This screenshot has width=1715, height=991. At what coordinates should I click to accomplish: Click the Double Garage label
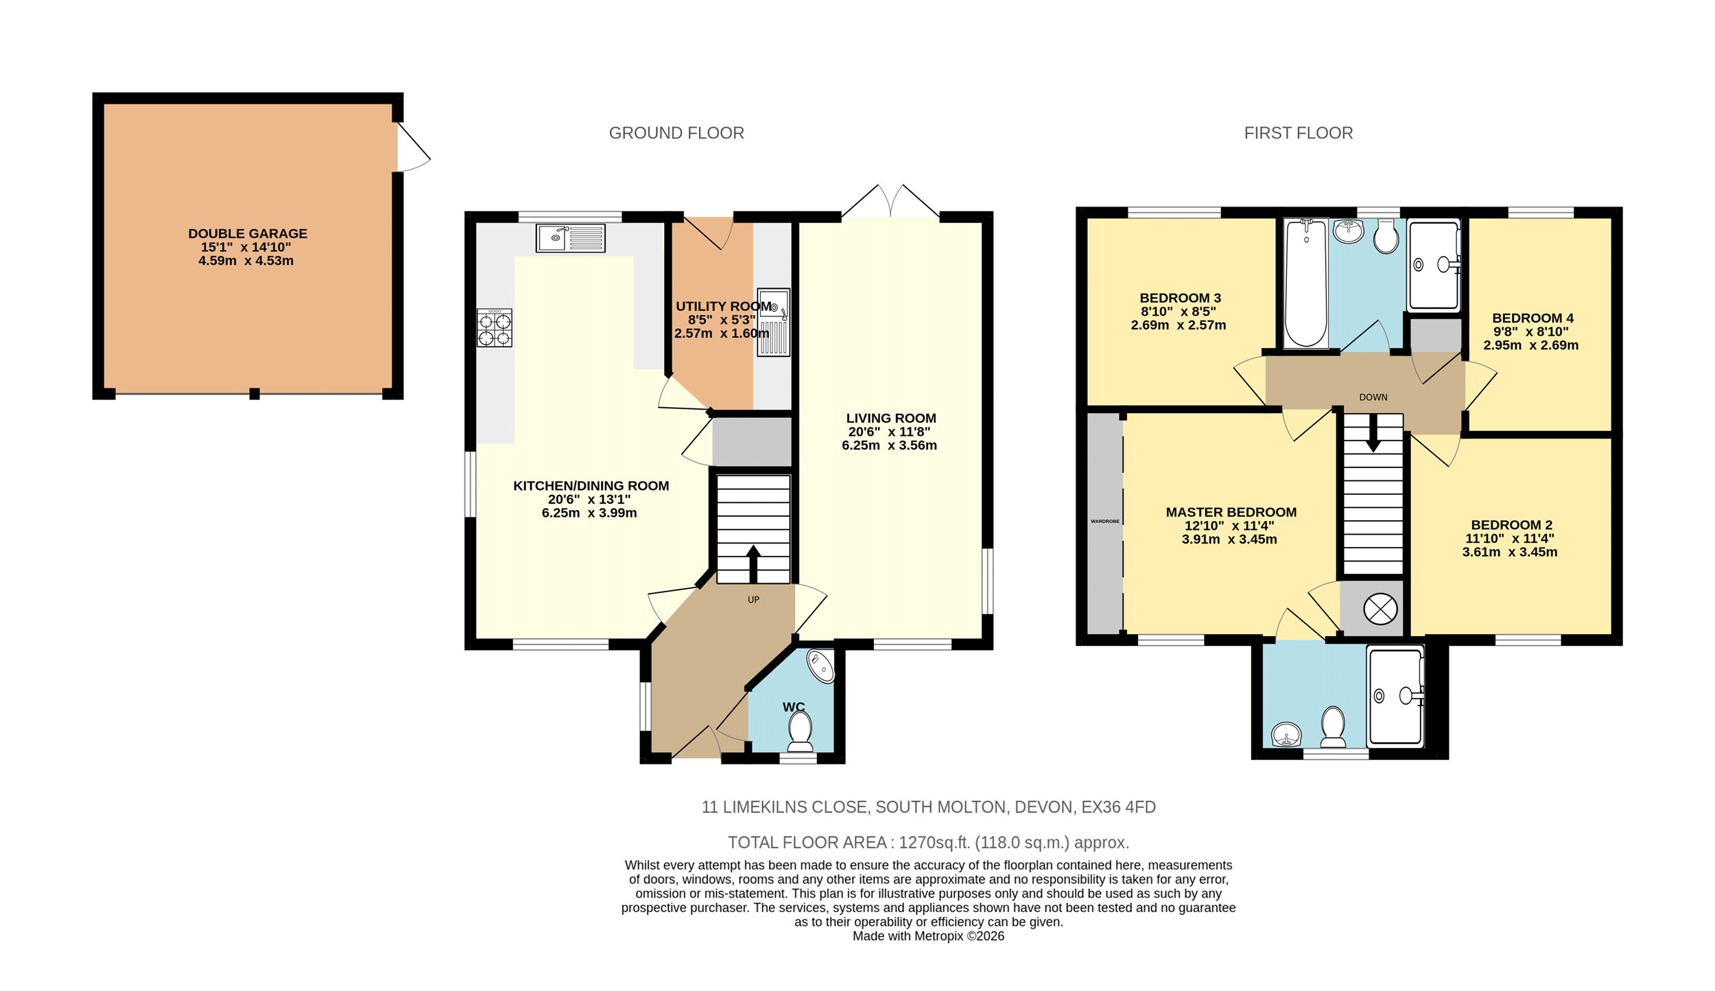[248, 233]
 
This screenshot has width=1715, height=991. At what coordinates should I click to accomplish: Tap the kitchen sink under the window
[570, 238]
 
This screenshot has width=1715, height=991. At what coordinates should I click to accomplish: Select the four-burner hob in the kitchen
[495, 328]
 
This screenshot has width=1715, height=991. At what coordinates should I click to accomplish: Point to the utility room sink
[774, 323]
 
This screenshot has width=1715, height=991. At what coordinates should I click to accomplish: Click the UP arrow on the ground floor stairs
[753, 564]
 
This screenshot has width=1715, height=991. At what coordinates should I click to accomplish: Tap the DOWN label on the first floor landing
[1373, 397]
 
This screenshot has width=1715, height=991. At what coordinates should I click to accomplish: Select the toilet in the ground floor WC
[800, 732]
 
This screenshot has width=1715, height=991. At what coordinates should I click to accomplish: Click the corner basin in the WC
[821, 665]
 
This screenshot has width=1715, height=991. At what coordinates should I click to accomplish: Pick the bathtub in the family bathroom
[1305, 283]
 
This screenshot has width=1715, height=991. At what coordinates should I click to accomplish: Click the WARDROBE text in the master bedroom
[1105, 522]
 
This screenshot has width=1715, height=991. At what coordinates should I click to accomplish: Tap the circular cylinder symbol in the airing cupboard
[1380, 609]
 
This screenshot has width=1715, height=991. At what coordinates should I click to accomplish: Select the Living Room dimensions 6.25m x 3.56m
[889, 445]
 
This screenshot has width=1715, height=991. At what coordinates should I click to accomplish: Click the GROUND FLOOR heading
[676, 133]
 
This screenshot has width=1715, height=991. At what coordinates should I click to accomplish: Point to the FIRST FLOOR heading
[1299, 133]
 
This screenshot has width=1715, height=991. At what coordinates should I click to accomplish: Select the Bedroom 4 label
[1533, 318]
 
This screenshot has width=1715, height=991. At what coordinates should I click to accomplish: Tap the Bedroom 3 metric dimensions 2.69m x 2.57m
[1179, 325]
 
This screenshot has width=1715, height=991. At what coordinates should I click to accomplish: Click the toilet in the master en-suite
[1333, 727]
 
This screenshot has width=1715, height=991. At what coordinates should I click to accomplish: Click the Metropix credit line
[928, 936]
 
